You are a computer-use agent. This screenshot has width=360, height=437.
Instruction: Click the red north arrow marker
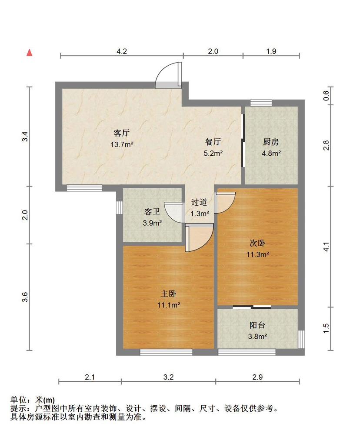coord(29,52)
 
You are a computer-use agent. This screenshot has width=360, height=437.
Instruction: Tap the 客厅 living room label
coord(122,133)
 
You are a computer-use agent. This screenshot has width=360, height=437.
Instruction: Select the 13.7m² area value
coord(122,145)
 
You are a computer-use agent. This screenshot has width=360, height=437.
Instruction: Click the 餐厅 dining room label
coord(213,142)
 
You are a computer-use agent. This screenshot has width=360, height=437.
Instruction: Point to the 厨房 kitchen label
coord(271,142)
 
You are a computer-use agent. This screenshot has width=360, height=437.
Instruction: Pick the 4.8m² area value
coord(271,153)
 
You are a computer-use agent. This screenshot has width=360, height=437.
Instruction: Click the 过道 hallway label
coord(199,202)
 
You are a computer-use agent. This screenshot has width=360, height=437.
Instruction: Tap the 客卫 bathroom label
coord(152,211)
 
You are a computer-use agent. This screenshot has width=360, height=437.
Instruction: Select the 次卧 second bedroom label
coord(257,243)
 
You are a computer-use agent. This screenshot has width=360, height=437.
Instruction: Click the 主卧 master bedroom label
coord(168,294)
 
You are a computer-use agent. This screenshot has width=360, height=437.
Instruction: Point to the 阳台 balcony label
coord(257,325)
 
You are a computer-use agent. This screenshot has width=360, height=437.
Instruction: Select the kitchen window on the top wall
coord(261,103)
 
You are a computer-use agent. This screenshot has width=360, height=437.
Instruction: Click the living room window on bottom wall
coord(84,188)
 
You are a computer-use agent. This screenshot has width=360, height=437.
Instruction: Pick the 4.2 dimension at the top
coord(122,51)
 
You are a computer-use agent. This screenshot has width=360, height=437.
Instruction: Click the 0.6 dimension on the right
coord(326,96)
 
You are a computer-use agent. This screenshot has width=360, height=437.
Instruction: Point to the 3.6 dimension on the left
coord(25,297)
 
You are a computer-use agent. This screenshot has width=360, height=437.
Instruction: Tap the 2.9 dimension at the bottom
coord(257,377)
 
